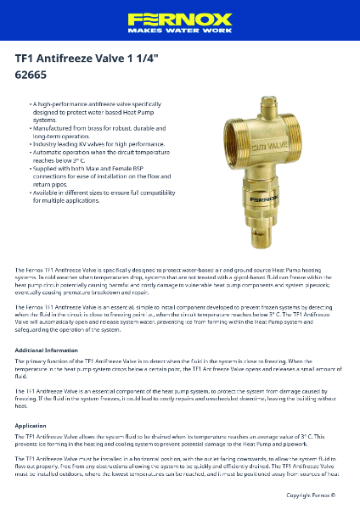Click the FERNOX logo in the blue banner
(180, 18)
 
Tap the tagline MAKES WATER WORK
(180, 30)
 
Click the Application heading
(31, 425)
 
